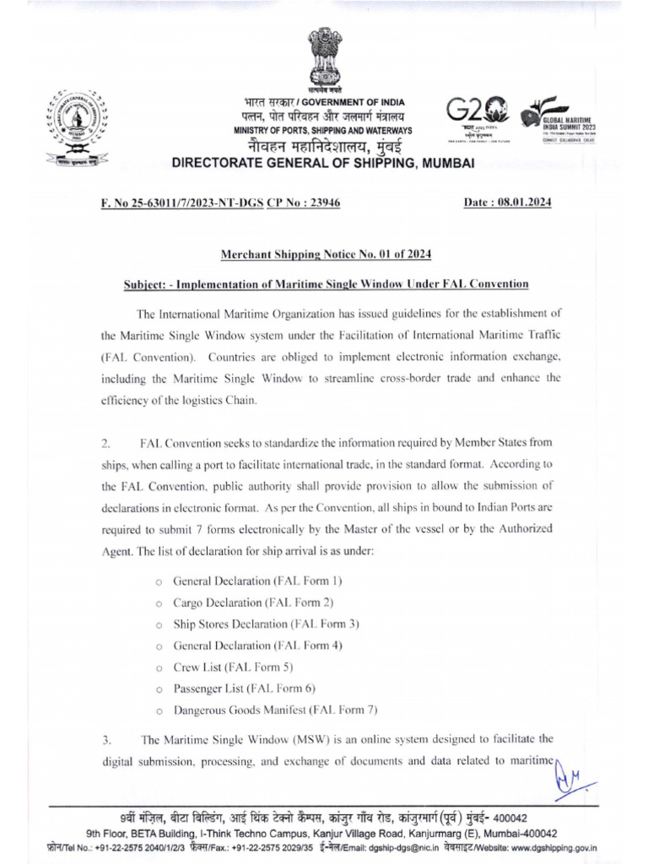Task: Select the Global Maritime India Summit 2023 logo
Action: tap(557, 118)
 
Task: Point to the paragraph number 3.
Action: tap(105, 742)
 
